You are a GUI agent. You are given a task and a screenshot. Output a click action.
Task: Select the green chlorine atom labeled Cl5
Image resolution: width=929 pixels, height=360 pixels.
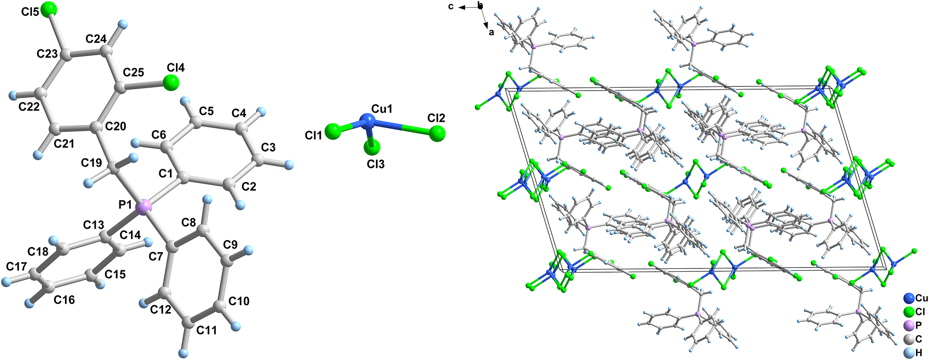pyautogui.click(x=48, y=9)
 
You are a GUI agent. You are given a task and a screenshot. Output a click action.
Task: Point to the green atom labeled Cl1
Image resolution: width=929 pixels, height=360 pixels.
pyautogui.click(x=333, y=131)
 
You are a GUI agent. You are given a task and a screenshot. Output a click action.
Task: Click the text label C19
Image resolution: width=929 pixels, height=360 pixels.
pyautogui.click(x=91, y=163)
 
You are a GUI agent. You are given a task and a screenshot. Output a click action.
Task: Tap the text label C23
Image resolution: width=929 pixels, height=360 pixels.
pyautogui.click(x=47, y=54)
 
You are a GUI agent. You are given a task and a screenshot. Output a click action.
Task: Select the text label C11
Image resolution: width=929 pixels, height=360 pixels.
pyautogui.click(x=207, y=330)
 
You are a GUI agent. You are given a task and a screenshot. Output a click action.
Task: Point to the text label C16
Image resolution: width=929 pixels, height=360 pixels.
pyautogui.click(x=64, y=300)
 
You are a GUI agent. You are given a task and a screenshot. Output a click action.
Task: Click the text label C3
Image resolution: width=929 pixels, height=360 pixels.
pyautogui.click(x=268, y=147)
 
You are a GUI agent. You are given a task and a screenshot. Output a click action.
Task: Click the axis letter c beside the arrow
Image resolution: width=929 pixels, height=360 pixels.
pyautogui.click(x=450, y=7)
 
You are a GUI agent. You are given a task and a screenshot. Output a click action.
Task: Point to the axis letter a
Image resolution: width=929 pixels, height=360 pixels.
pyautogui.click(x=491, y=32)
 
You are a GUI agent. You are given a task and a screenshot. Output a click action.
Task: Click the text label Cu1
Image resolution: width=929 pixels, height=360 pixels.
pyautogui.click(x=382, y=109)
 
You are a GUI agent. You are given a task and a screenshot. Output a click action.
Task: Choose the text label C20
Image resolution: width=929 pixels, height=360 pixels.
pyautogui.click(x=116, y=126)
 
